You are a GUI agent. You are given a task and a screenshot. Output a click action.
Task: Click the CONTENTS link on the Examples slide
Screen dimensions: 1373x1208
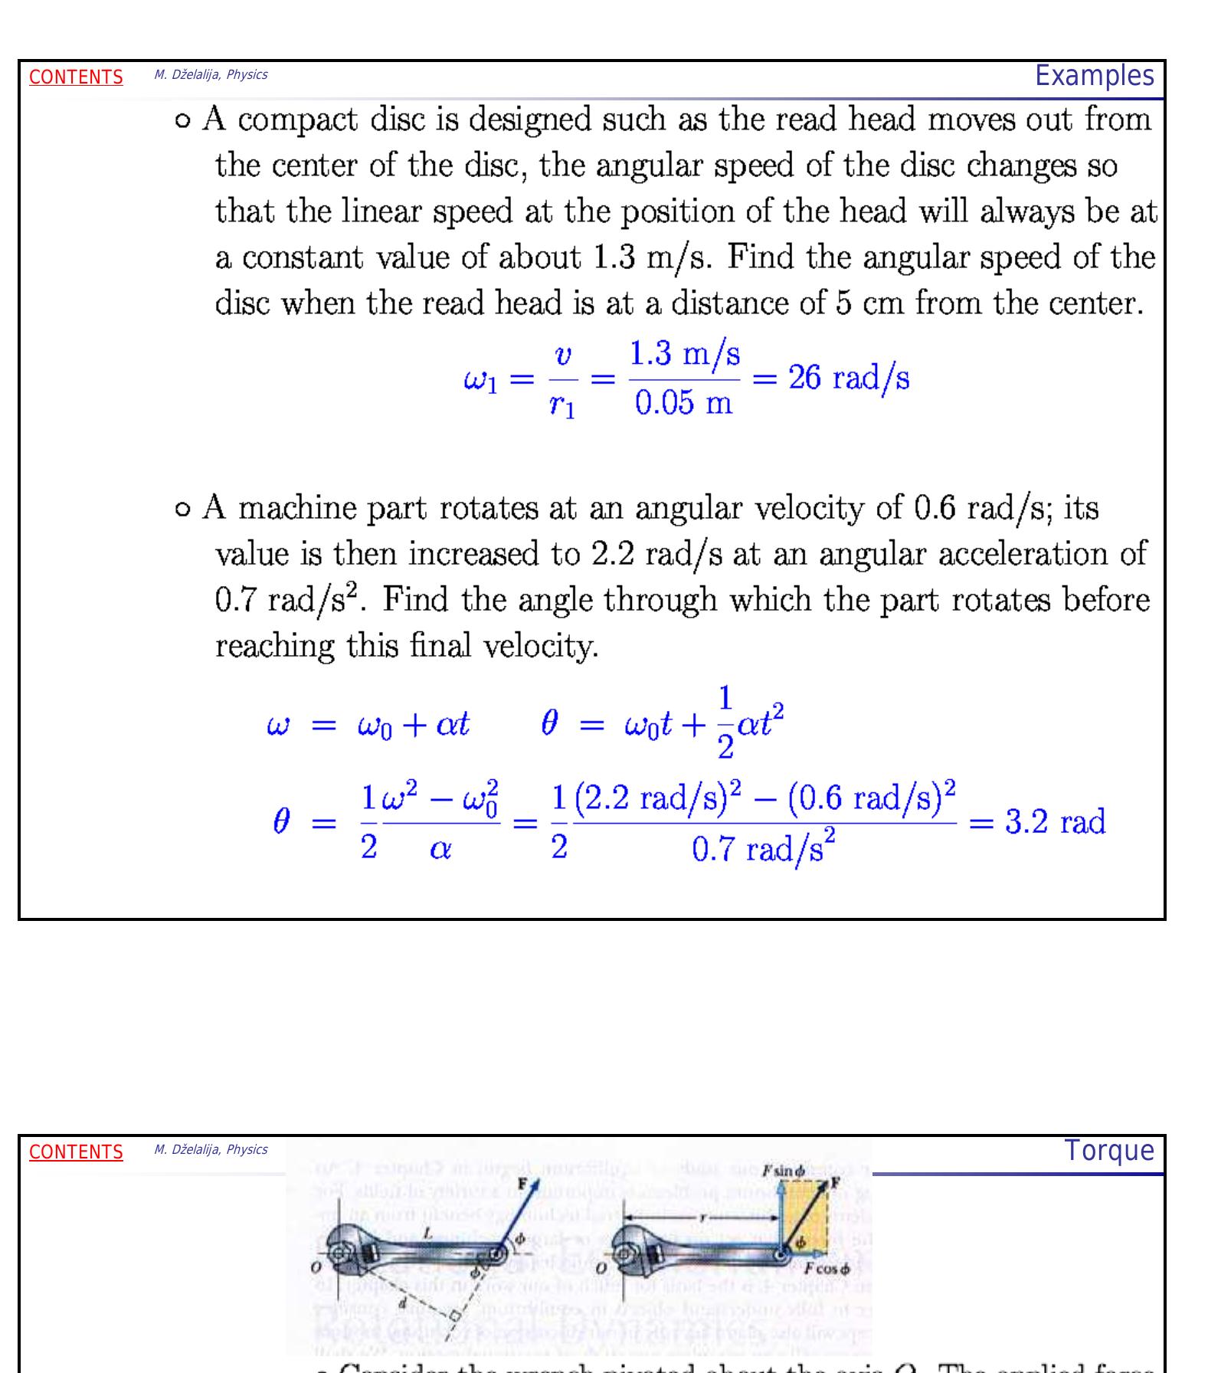76,77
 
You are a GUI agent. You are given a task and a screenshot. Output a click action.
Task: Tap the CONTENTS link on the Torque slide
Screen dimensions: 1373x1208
76,1152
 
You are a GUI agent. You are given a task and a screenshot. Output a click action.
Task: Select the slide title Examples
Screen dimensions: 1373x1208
1094,76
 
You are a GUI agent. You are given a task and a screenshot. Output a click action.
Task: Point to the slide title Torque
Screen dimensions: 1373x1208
1108,1151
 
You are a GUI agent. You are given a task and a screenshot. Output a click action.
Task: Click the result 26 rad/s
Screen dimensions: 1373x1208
849,378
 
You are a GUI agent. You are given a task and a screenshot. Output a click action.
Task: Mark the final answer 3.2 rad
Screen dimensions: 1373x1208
1055,823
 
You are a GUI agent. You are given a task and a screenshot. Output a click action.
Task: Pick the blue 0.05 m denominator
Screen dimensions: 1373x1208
683,403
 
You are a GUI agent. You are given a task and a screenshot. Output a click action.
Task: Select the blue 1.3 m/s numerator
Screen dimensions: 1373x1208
684,354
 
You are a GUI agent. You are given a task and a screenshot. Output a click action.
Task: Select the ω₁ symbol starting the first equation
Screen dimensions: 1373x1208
480,381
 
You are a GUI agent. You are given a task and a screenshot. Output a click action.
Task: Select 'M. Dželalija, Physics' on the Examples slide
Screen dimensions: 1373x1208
211,75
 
